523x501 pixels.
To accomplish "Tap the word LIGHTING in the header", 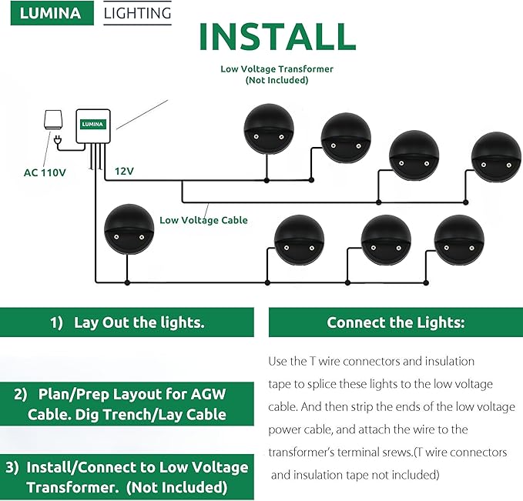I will (137, 13).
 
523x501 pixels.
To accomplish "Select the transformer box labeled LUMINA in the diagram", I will (94, 125).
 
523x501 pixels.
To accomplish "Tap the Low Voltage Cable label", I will (203, 220).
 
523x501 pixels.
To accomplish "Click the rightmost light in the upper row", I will (495, 157).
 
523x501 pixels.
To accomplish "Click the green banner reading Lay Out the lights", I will (127, 322).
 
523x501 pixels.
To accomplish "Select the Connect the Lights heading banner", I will (395, 322).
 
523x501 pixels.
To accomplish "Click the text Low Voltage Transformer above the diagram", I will (277, 68).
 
